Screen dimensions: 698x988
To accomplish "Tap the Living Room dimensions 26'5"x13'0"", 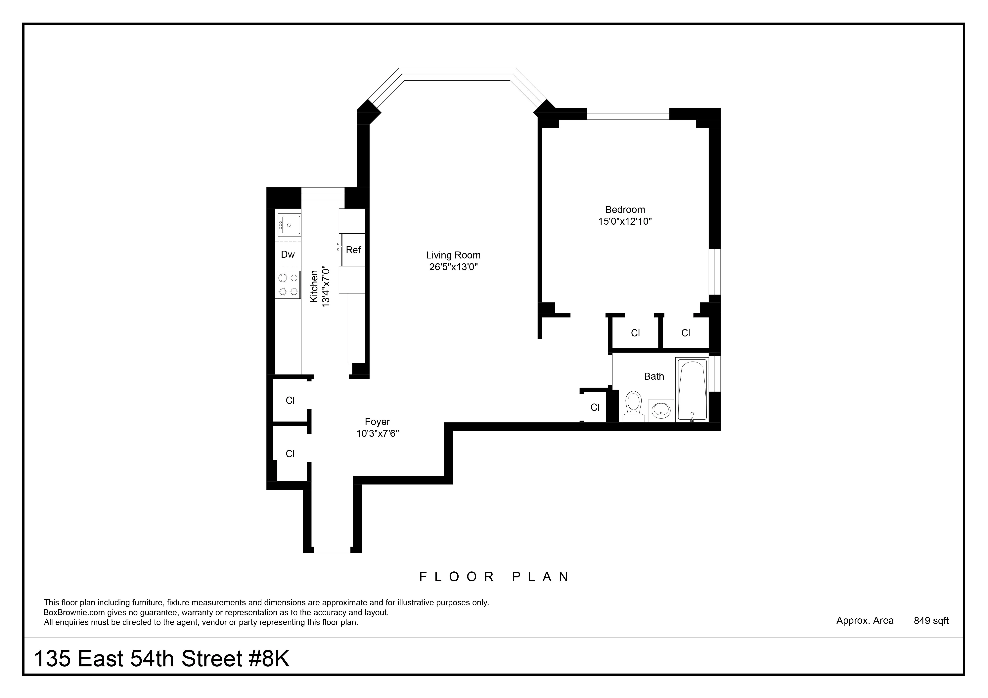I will [x=453, y=267].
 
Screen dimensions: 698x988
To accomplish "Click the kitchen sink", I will [x=288, y=224].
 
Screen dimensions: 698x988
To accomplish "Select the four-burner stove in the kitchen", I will [x=288, y=285].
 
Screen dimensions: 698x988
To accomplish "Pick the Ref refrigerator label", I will [x=353, y=250].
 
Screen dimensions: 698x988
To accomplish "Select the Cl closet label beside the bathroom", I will [x=595, y=407].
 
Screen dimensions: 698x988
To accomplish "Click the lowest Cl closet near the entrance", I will [x=290, y=454].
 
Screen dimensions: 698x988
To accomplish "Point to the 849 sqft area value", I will [x=931, y=621].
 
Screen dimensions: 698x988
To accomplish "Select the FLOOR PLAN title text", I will [x=495, y=577].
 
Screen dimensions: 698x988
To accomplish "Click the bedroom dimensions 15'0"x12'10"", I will [x=625, y=221].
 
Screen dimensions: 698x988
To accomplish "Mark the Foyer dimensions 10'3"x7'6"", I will [x=377, y=434].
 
